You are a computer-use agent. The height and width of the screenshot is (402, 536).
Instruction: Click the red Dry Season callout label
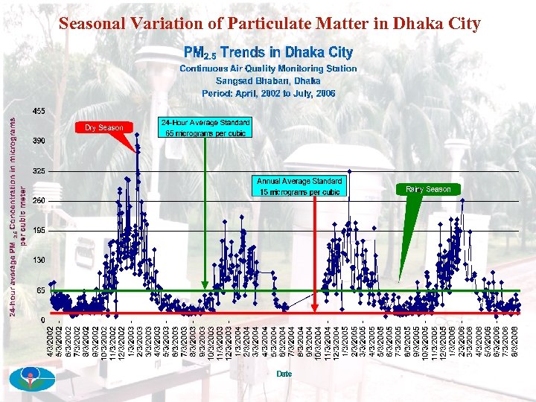point(103,127)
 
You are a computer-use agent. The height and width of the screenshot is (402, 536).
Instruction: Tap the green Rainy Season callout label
point(428,189)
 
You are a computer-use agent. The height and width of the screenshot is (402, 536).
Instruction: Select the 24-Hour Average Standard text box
point(205,127)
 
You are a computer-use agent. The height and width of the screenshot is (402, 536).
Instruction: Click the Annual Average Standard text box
point(299,186)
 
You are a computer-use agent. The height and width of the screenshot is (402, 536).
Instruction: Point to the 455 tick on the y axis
point(38,111)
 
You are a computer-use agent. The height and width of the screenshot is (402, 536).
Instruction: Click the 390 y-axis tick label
point(38,141)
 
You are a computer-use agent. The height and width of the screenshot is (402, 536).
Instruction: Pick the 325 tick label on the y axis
point(38,170)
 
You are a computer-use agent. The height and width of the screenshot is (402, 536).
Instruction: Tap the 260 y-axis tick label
point(38,201)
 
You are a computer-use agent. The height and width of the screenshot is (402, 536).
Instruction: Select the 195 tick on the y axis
point(38,231)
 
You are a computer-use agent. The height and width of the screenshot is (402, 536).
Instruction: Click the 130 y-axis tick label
point(38,260)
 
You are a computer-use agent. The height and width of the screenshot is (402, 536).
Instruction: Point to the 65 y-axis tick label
point(40,290)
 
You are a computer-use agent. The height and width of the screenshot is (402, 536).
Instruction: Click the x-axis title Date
point(284,373)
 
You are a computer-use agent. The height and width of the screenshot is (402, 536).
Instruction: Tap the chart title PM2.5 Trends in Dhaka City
point(268,52)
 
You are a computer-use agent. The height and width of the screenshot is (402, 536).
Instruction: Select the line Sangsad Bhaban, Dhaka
point(268,80)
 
